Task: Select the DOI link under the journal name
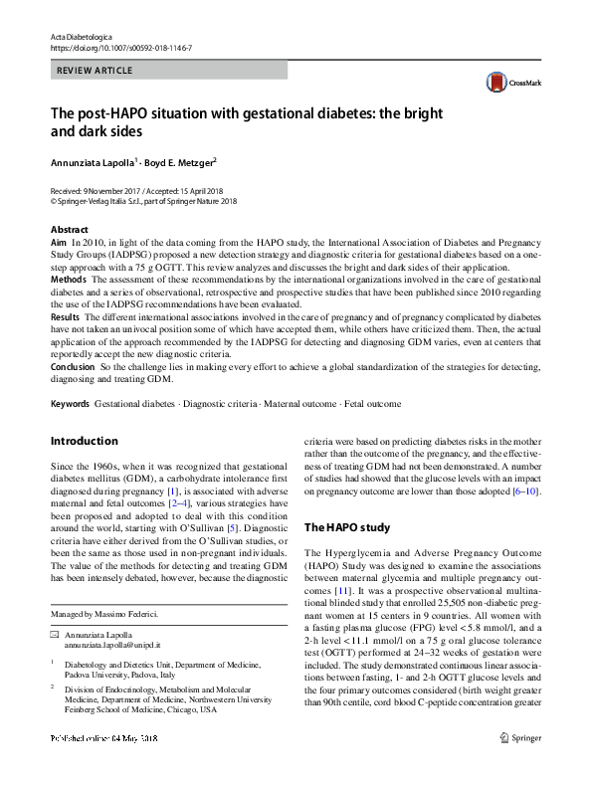(x=121, y=48)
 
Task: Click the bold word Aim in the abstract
(x=58, y=243)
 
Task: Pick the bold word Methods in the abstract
(x=68, y=282)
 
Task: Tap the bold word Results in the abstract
(x=66, y=314)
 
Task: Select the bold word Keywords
(x=70, y=404)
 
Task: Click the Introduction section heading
(x=84, y=441)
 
